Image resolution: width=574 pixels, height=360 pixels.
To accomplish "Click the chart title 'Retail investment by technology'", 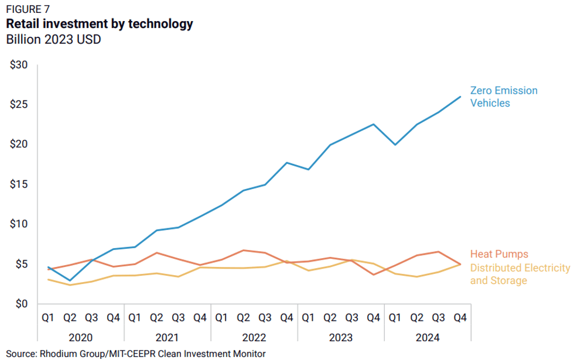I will pos(99,24).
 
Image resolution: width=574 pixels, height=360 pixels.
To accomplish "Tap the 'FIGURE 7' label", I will pos(28,9).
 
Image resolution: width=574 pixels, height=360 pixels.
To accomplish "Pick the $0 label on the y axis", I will pos(22,304).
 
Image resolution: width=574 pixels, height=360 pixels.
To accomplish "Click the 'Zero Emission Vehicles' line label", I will pos(503,97).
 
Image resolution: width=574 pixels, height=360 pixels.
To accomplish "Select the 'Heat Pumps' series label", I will pos(499,254).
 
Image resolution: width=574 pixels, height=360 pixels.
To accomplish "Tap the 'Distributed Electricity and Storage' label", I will pos(520,274).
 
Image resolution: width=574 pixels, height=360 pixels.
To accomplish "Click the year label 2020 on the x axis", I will pos(80,338).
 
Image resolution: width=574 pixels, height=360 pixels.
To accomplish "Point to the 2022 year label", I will pos(254,338).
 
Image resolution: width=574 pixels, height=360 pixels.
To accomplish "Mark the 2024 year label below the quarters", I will pos(427,338).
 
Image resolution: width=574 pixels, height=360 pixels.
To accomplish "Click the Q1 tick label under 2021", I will pos(134,318).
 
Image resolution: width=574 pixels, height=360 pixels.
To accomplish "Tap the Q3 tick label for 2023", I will pos(351,318).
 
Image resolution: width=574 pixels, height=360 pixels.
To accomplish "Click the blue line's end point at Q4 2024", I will pos(460,97).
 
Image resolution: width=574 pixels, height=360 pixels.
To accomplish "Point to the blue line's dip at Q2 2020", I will pos(70,280).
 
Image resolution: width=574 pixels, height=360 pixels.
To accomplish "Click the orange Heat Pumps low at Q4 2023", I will pos(373,275).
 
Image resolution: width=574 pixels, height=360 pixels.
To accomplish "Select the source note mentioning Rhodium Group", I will pos(135,354).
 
